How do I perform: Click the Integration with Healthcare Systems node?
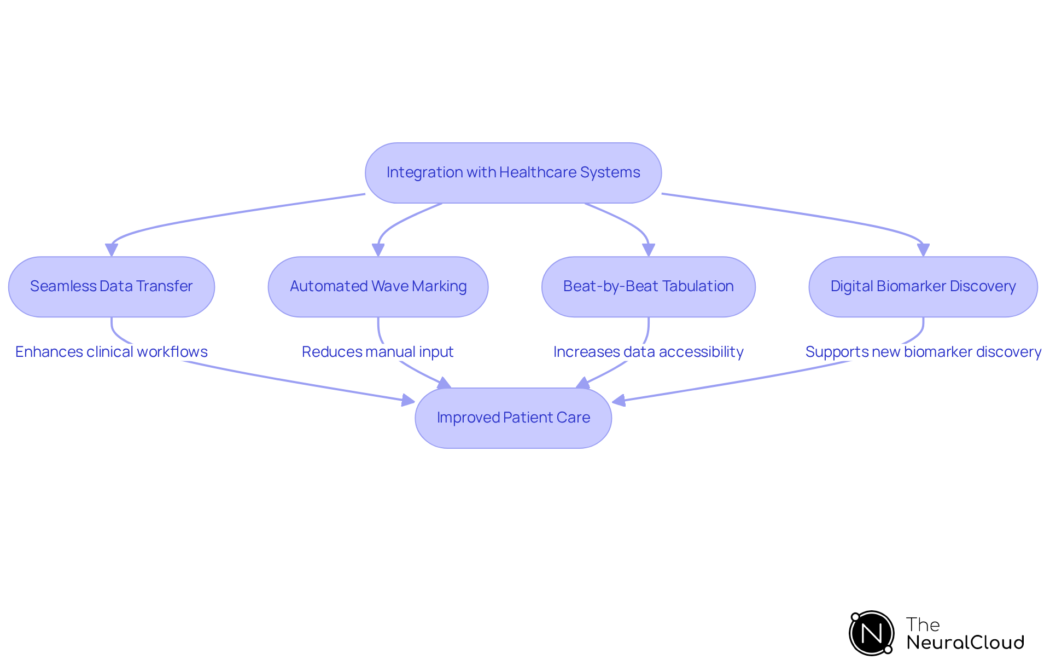pos(513,173)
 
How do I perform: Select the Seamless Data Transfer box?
pos(112,287)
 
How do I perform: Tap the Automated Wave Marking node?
pos(378,287)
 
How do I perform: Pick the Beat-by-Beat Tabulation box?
pos(648,287)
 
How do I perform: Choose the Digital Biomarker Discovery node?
pos(923,287)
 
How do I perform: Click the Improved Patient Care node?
pos(513,418)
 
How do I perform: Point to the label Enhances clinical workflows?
pos(112,352)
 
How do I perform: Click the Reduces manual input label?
pos(377,352)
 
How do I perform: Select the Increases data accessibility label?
pos(648,352)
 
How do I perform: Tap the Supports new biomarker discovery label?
pos(923,352)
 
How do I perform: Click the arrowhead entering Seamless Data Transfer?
pos(112,250)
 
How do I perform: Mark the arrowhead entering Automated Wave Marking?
pos(378,250)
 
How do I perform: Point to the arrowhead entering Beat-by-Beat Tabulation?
pos(649,250)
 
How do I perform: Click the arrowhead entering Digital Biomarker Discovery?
pos(923,250)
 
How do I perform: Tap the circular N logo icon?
pos(871,633)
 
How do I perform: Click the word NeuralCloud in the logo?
pos(965,643)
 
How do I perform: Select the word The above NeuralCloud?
pos(923,624)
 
